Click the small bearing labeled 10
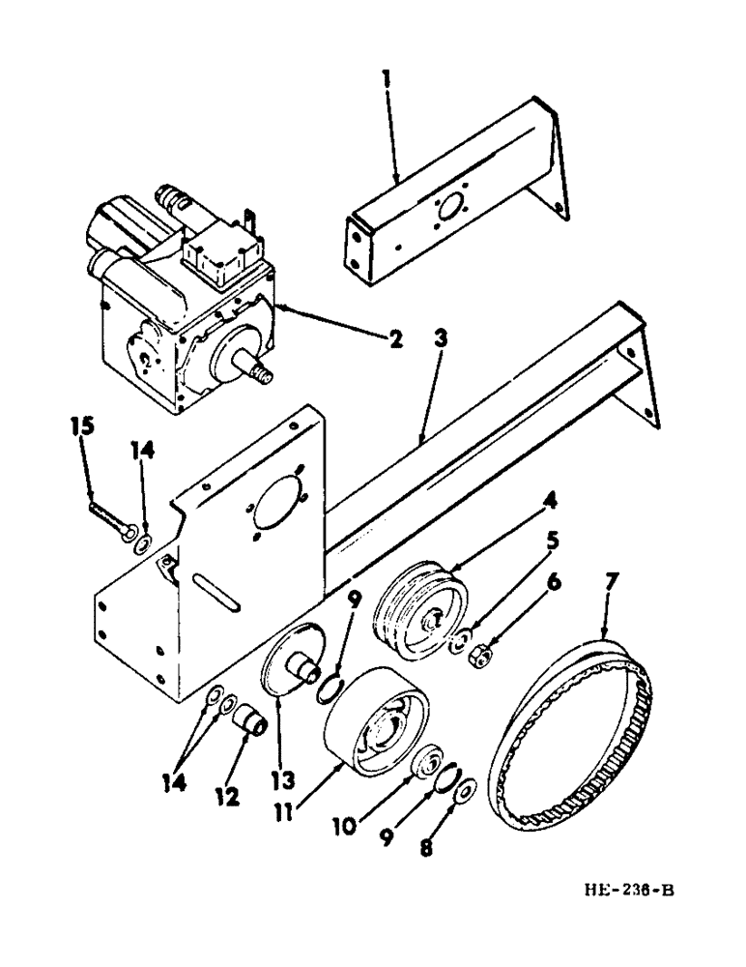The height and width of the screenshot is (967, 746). click(x=426, y=764)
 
